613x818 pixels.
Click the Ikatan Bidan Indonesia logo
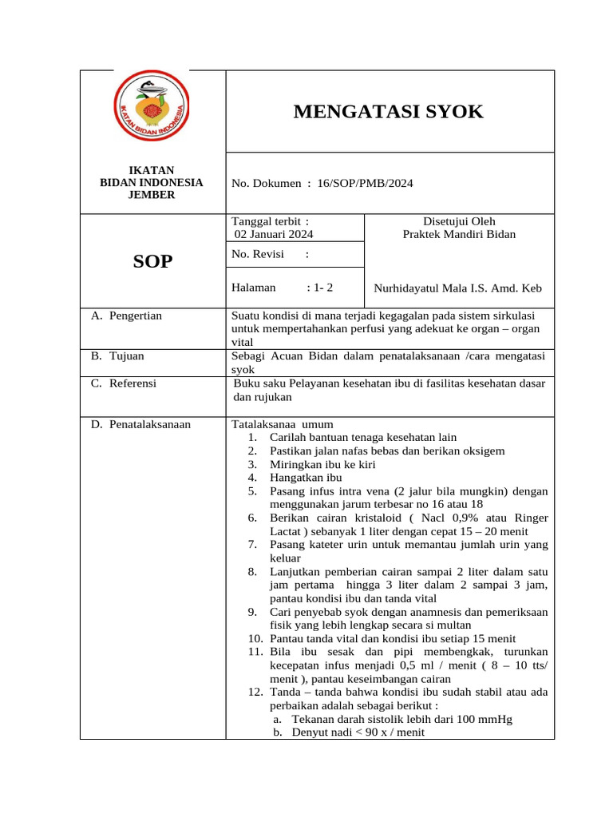(x=152, y=111)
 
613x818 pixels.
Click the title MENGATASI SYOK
(x=389, y=112)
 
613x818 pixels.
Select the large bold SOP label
(x=152, y=261)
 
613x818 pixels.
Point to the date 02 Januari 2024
(x=273, y=234)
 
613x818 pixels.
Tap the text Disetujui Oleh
(x=459, y=221)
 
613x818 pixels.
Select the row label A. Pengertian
(x=126, y=316)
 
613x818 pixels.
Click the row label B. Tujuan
(x=117, y=356)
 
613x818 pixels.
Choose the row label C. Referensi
(x=124, y=383)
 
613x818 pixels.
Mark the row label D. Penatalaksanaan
(x=140, y=424)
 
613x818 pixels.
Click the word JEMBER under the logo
(x=152, y=195)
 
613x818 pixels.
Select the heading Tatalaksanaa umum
(x=282, y=424)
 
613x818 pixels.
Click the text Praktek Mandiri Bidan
(x=459, y=234)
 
